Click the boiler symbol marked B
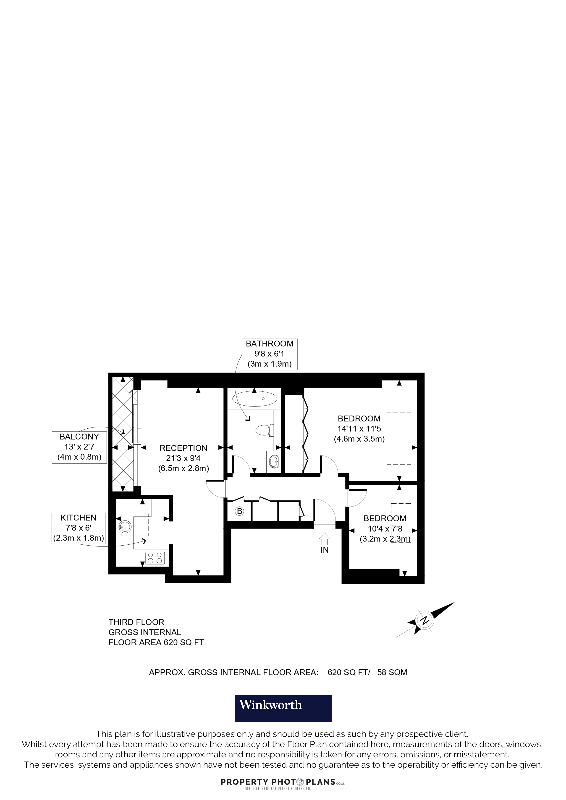point(239,511)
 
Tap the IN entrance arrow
point(324,539)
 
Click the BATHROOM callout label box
point(270,354)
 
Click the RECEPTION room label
point(183,448)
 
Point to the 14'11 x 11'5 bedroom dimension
point(359,429)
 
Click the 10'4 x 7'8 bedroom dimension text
point(385,528)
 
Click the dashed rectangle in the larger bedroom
point(399,438)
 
